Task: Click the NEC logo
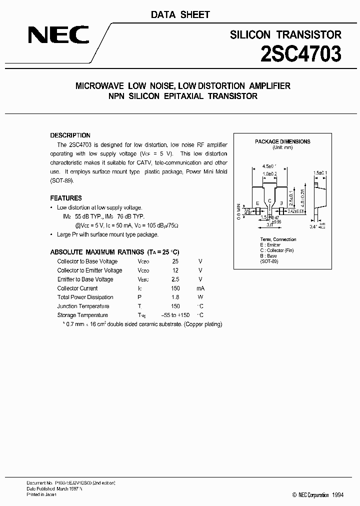pos(58,35)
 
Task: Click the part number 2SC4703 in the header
pos(301,53)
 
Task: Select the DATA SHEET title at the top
pos(180,15)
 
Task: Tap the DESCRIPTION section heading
pos(70,135)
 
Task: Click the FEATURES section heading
pos(66,198)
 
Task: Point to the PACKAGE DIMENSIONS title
pos(282,141)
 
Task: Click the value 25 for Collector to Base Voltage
pos(175,261)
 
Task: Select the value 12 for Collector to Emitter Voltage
pos(175,270)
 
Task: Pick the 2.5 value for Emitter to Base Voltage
pos(175,279)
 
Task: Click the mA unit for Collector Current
pos(200,288)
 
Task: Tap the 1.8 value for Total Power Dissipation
pos(175,297)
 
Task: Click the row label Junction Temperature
pos(83,306)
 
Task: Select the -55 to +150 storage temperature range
pos(175,315)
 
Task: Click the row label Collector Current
pos(77,288)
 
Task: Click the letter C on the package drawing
pos(269,200)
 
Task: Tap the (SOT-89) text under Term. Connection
pos(269,261)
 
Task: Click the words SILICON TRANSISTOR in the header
pos(285,34)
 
